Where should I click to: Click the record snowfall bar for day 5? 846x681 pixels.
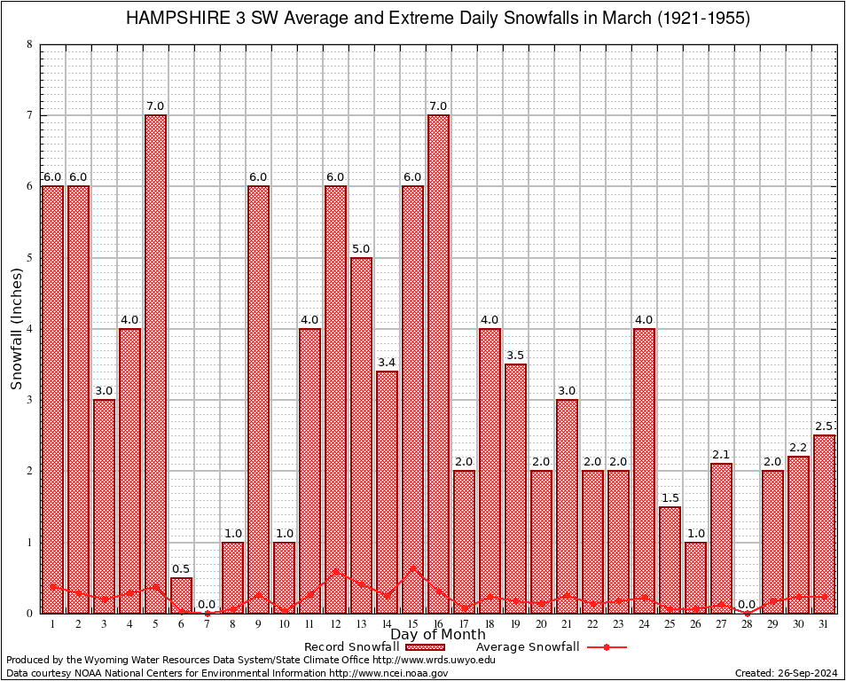(155, 364)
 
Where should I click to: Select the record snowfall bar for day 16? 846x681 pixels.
(438, 364)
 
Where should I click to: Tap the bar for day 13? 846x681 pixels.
(361, 434)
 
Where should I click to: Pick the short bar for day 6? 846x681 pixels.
(181, 595)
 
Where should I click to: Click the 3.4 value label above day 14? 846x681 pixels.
(387, 362)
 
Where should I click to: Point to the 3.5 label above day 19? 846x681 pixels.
(515, 355)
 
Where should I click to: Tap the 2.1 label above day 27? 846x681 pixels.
(721, 454)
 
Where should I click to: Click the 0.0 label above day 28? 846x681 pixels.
(747, 604)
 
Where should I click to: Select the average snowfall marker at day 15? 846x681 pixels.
(412, 567)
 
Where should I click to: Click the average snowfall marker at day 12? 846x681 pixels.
(335, 572)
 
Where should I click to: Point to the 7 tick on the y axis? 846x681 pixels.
(30, 115)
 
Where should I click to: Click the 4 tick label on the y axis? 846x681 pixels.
(30, 329)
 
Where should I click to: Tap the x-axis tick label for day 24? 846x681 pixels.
(644, 623)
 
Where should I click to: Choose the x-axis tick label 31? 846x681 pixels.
(824, 623)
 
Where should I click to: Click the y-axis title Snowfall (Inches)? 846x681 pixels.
(17, 329)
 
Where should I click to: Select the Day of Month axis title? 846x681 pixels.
(437, 635)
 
